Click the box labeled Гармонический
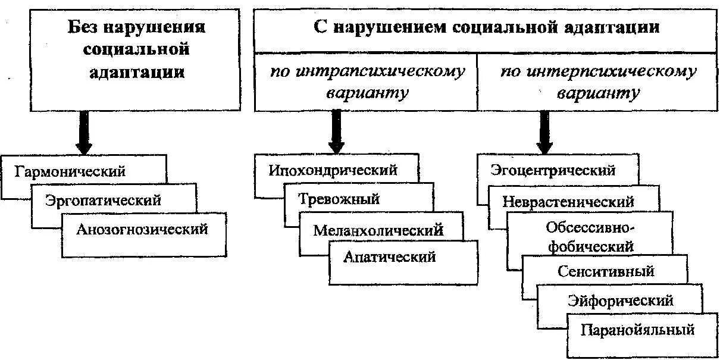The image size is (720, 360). coord(70,172)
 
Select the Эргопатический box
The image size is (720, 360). coord(103,200)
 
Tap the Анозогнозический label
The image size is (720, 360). coord(142,228)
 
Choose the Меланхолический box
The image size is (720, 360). coord(378,229)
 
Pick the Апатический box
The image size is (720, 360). coord(389,257)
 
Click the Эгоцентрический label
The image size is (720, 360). coord(553,170)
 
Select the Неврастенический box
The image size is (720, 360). coord(568,201)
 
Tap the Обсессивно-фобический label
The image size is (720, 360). coord(590,236)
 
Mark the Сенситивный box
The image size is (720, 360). coord(606,271)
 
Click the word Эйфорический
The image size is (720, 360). coord(621,300)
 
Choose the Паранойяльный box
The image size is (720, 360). coord(638,329)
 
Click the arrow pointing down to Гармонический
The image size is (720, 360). coord(83,132)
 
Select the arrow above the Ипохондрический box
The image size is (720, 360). coord(337,132)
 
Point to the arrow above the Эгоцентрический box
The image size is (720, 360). coord(543,132)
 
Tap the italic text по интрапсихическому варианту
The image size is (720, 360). coord(367,82)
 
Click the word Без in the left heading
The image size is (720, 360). coord(80,27)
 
